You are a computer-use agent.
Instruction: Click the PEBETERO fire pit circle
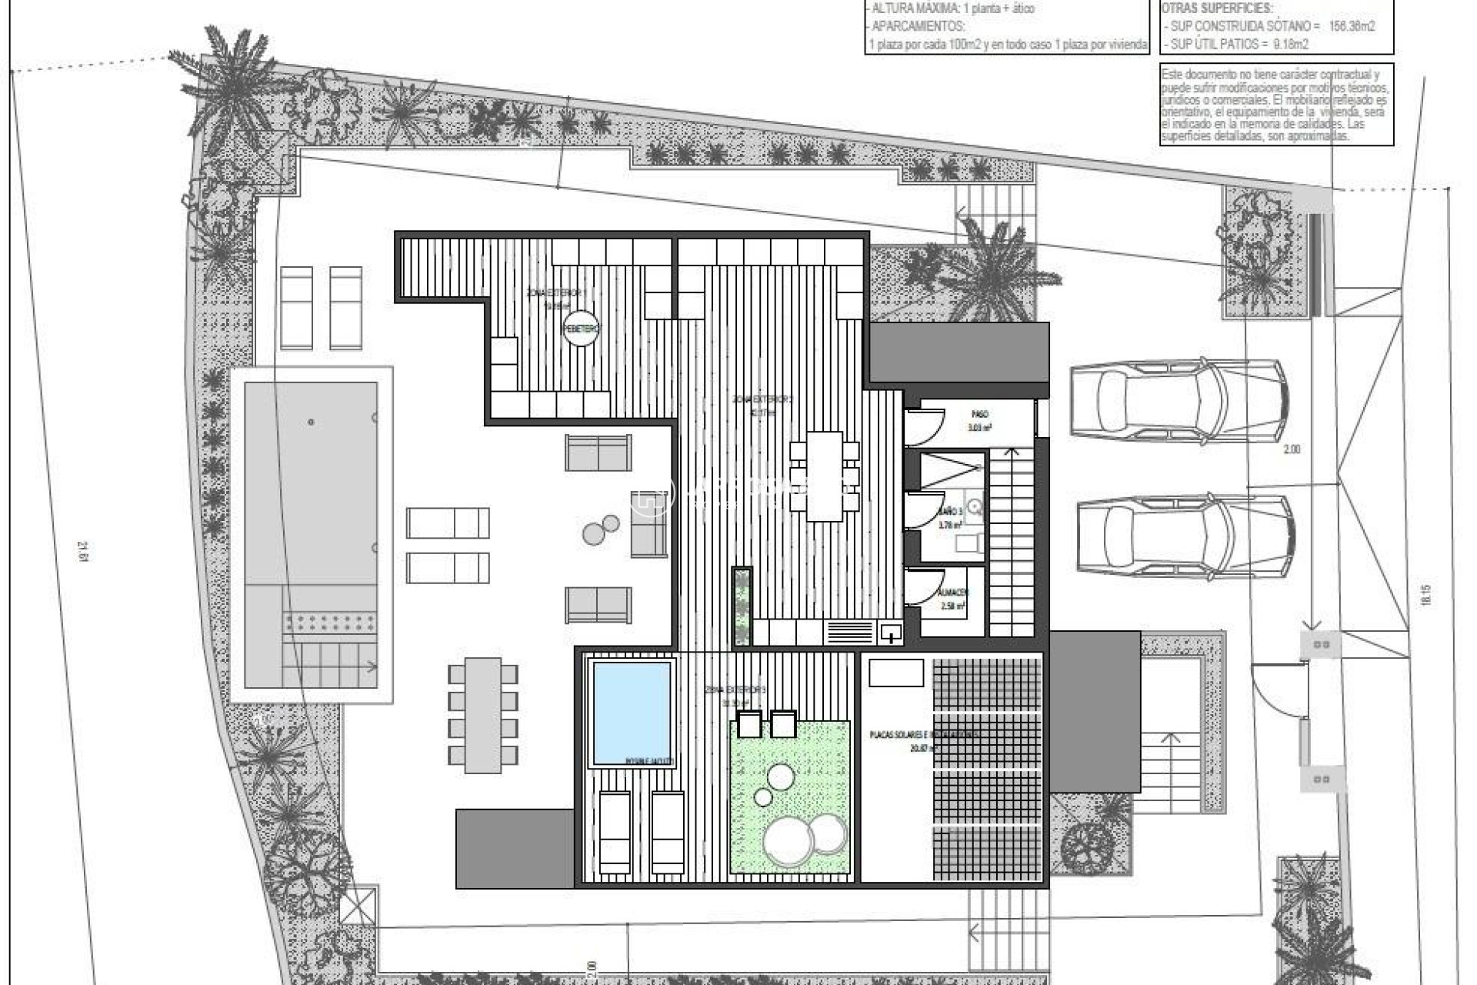[x=581, y=329]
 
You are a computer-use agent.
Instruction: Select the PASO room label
[x=979, y=414]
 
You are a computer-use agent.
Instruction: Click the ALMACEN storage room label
[x=953, y=593]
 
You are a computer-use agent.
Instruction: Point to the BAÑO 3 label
[x=950, y=512]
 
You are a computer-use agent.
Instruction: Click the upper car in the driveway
[x=1178, y=403]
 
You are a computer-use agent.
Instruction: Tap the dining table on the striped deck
[x=824, y=476]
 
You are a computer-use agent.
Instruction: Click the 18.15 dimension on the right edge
[x=1425, y=597]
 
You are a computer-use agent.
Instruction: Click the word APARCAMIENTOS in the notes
[x=916, y=25]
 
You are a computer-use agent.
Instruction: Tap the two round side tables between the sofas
[x=601, y=529]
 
